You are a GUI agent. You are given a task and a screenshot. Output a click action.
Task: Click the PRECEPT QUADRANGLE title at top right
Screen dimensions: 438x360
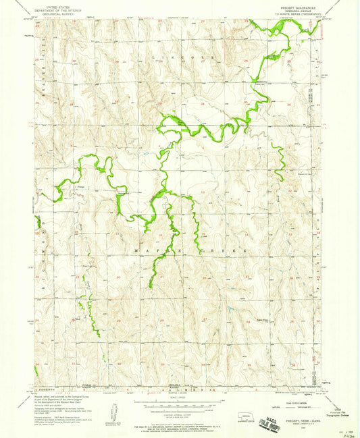(x=290, y=7)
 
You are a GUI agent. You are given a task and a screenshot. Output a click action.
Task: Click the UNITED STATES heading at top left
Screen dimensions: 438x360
(x=57, y=5)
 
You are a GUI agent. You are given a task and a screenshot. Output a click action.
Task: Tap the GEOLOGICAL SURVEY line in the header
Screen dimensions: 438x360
(x=57, y=12)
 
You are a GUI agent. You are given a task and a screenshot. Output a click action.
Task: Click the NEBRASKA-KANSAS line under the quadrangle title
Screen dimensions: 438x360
(x=290, y=11)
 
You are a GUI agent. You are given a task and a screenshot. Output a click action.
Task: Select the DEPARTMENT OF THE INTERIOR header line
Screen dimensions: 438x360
(x=57, y=9)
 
